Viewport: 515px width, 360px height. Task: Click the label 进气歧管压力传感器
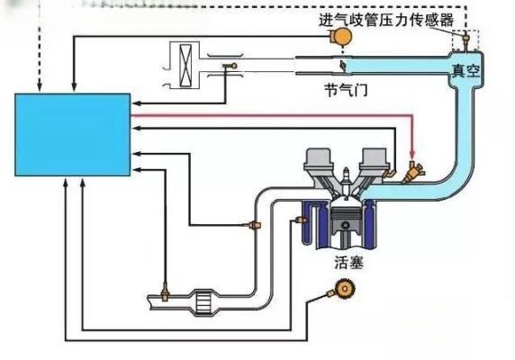(x=393, y=19)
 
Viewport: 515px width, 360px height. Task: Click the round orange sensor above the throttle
(x=341, y=35)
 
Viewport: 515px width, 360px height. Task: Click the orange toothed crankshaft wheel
(x=342, y=289)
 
